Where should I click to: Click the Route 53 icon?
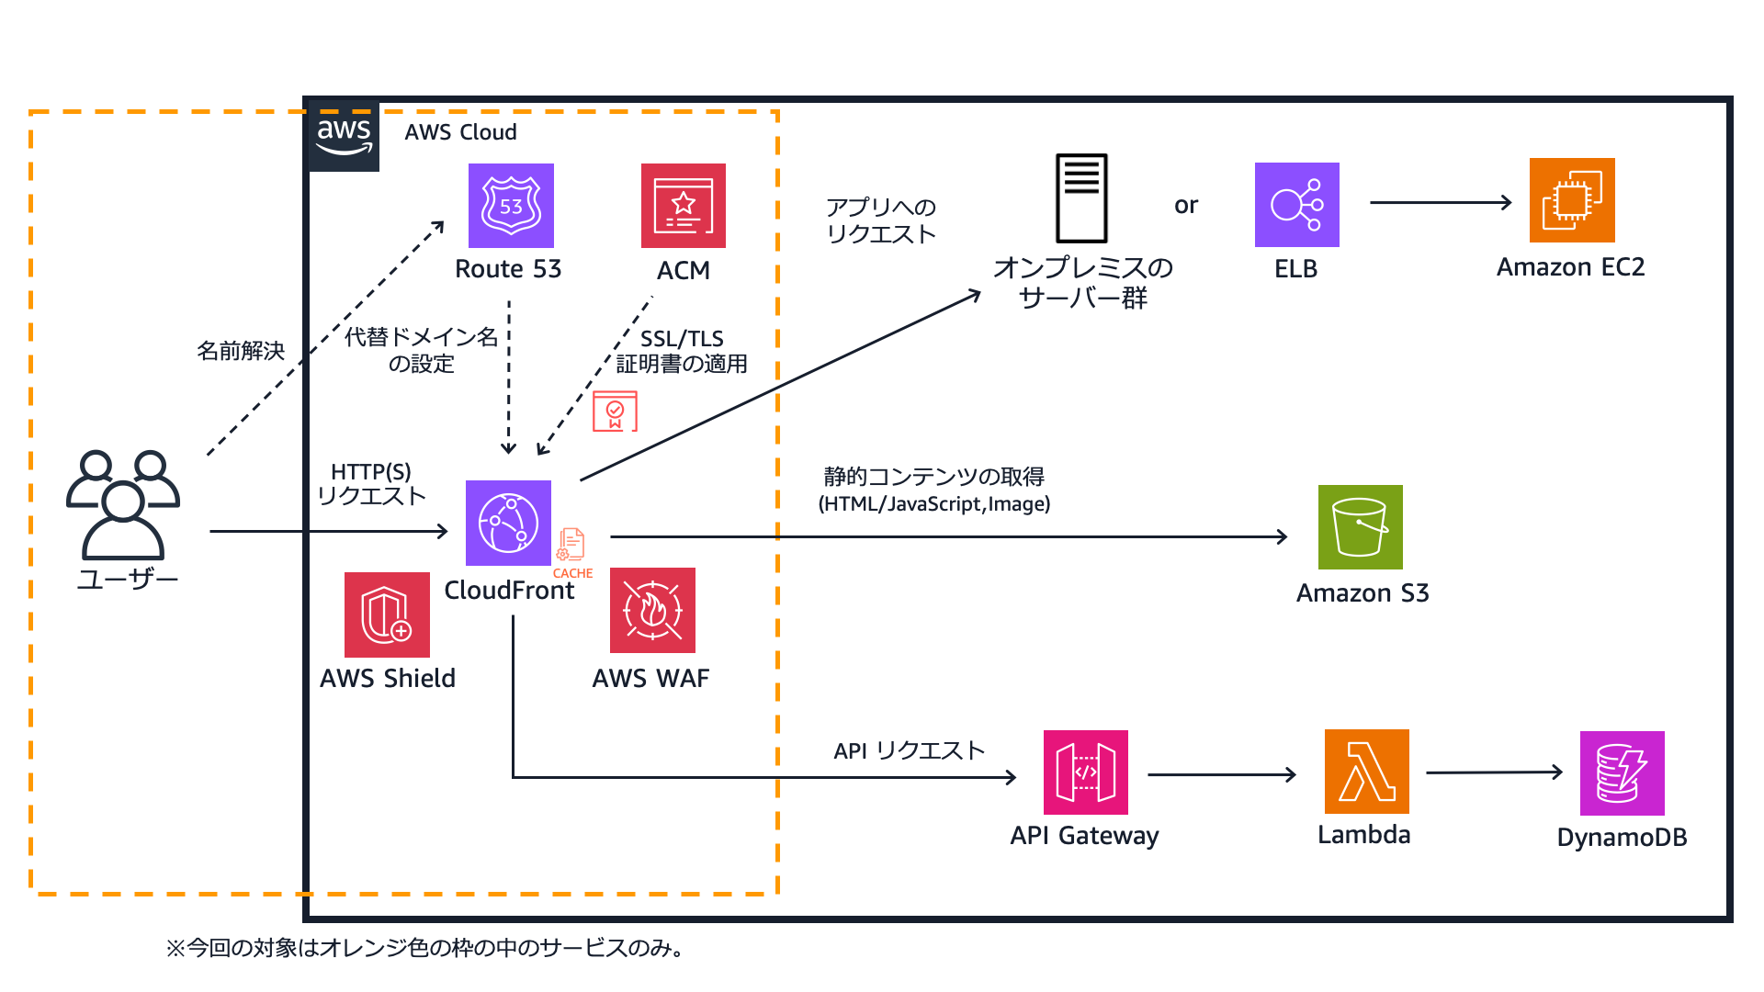(x=511, y=206)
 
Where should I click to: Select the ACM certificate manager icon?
(x=683, y=206)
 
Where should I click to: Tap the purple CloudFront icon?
(x=508, y=523)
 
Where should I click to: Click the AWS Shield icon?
(x=387, y=614)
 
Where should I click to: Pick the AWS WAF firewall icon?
(x=652, y=610)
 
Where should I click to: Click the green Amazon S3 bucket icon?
(x=1360, y=527)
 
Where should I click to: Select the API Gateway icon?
(x=1085, y=772)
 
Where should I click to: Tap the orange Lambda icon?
(x=1366, y=772)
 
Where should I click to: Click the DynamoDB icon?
(x=1622, y=773)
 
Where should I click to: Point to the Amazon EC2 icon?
(x=1571, y=200)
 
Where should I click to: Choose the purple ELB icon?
(x=1296, y=205)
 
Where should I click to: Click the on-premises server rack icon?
(x=1081, y=197)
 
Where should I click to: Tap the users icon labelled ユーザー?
(x=123, y=504)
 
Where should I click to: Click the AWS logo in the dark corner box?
(x=344, y=136)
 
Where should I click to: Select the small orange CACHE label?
(x=572, y=573)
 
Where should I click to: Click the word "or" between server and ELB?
(x=1186, y=206)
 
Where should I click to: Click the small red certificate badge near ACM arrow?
(x=615, y=411)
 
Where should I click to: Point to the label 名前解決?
(x=241, y=351)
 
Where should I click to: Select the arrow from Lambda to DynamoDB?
(x=1494, y=772)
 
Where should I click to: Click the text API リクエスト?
(x=909, y=750)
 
